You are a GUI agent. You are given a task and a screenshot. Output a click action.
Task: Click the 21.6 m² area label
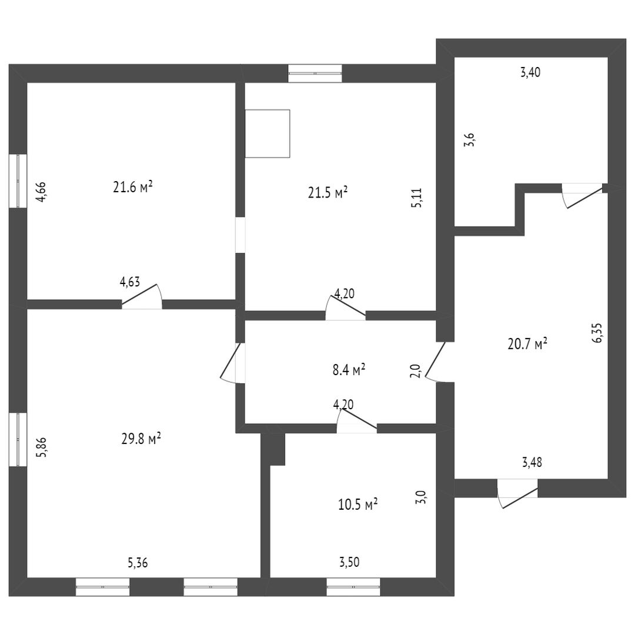pyautogui.click(x=133, y=187)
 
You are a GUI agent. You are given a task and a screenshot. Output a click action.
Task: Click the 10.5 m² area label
pyautogui.click(x=357, y=504)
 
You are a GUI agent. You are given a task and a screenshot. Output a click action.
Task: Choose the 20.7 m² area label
pyautogui.click(x=527, y=344)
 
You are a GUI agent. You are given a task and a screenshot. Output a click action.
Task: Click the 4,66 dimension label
pyautogui.click(x=41, y=192)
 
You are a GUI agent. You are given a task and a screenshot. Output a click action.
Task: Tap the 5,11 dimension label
pyautogui.click(x=417, y=197)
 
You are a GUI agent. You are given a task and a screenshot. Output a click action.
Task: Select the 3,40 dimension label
pyautogui.click(x=530, y=73)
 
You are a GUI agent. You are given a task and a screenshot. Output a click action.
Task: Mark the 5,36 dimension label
pyautogui.click(x=138, y=563)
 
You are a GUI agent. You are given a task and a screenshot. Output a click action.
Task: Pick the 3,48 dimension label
pyautogui.click(x=532, y=462)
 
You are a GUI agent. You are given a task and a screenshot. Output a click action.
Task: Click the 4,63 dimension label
pyautogui.click(x=130, y=282)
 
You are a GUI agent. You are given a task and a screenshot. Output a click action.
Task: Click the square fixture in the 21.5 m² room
pyautogui.click(x=268, y=133)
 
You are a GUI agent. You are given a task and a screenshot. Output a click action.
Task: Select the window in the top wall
pyautogui.click(x=315, y=73)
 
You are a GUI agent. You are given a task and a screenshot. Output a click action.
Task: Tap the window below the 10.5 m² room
pyautogui.click(x=353, y=587)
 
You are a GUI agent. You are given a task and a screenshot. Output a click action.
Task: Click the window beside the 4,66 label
pyautogui.click(x=18, y=181)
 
